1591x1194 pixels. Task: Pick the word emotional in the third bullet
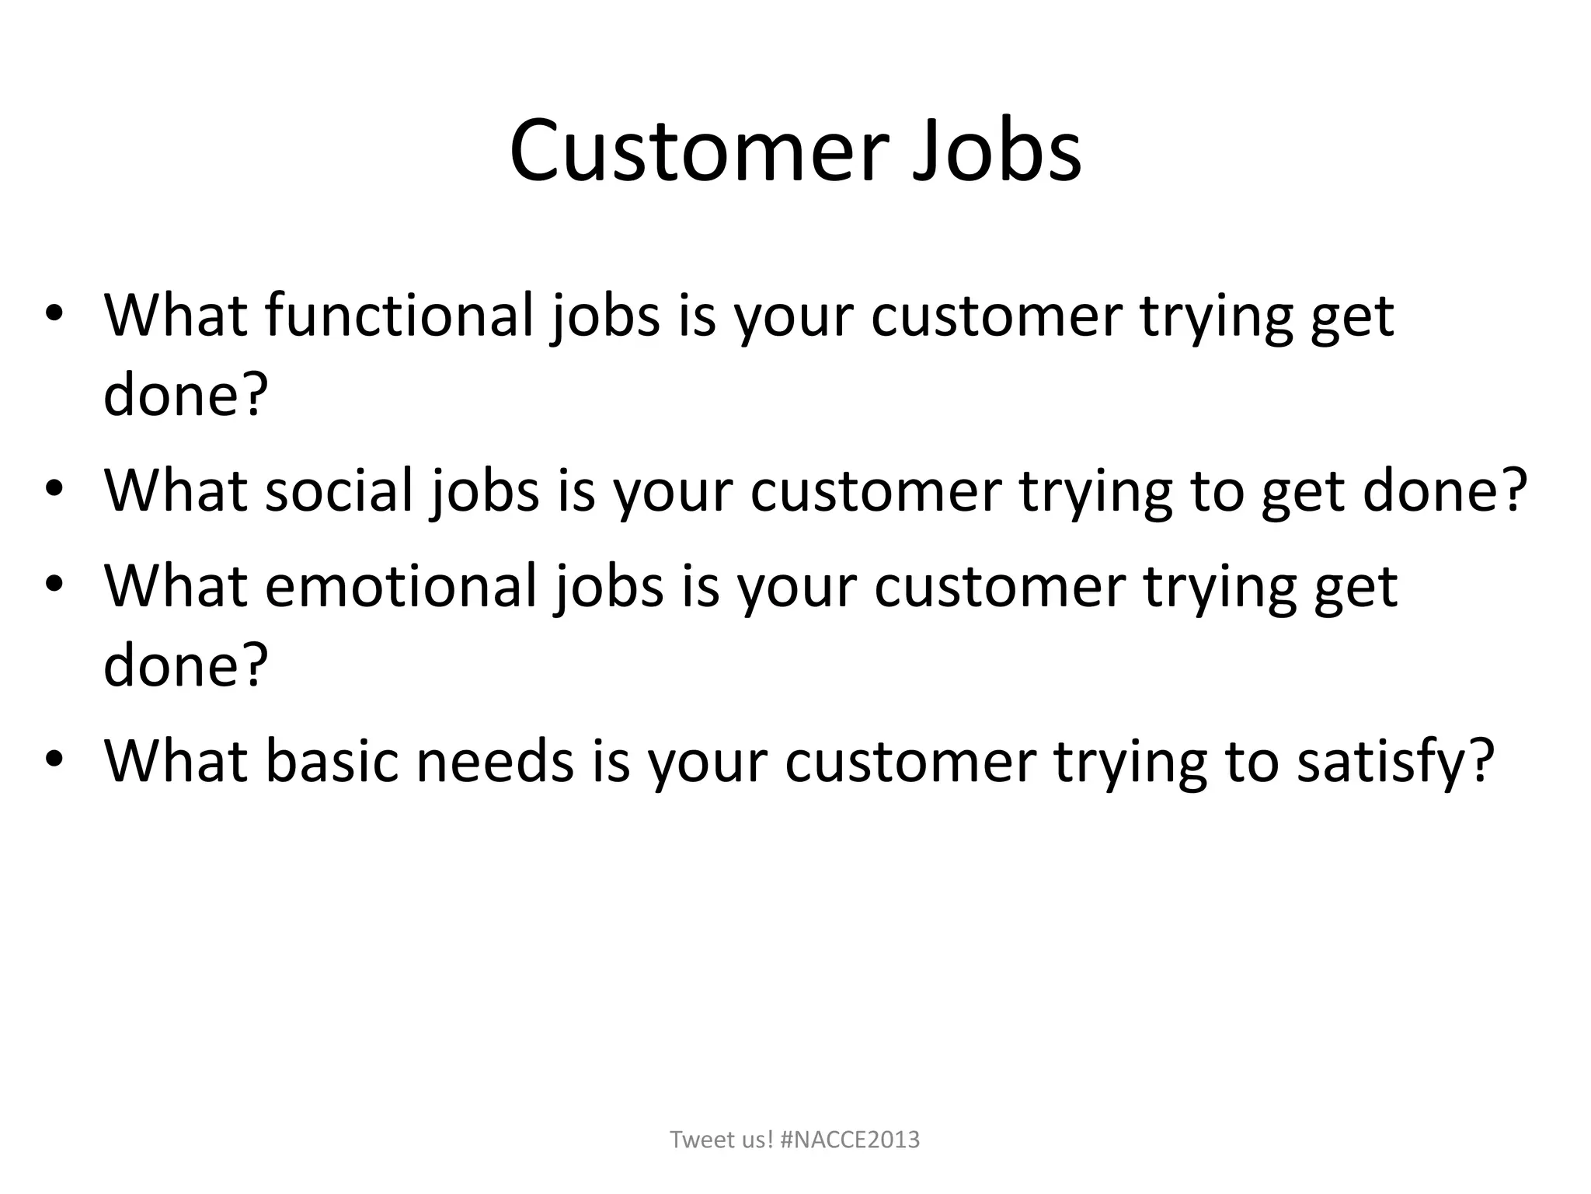point(401,586)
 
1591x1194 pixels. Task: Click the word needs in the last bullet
point(495,761)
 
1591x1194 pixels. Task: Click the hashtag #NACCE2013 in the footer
point(849,1140)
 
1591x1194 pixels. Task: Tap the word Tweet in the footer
point(698,1140)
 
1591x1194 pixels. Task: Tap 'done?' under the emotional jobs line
point(185,665)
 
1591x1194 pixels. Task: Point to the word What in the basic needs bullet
point(176,761)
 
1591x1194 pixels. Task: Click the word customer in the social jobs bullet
point(875,491)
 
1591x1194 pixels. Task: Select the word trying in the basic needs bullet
point(1130,763)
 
